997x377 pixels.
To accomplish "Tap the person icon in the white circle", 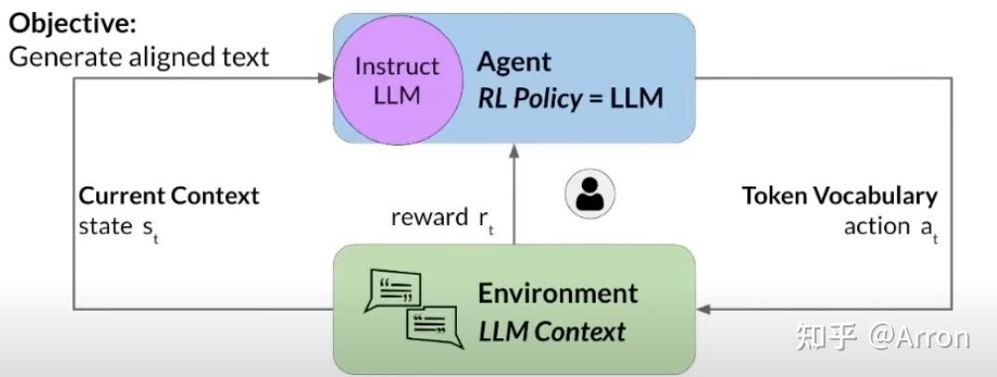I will click(590, 194).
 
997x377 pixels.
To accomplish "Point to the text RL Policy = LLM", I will click(570, 98).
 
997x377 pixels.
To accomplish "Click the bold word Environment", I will click(558, 293).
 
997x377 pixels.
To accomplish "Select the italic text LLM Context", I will click(552, 330).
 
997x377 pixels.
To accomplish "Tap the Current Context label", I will click(168, 195).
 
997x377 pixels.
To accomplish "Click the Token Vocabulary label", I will click(839, 195).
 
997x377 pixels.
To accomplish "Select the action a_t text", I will click(889, 227).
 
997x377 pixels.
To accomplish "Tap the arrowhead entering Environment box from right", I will click(705, 309).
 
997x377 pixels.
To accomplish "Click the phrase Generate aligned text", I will click(139, 57).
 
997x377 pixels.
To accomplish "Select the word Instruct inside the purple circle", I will click(396, 66).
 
